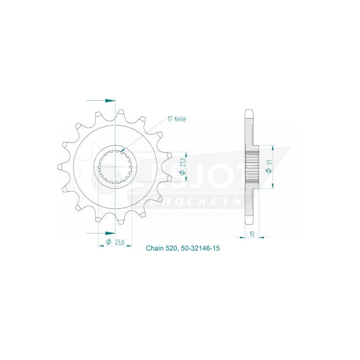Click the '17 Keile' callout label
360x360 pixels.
[x=176, y=119]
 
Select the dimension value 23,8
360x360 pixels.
[x=119, y=242]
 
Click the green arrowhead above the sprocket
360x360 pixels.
[x=110, y=101]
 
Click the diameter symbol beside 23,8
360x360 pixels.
[x=109, y=242]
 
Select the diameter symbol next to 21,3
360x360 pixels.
[x=183, y=174]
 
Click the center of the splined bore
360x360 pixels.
[x=116, y=166]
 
